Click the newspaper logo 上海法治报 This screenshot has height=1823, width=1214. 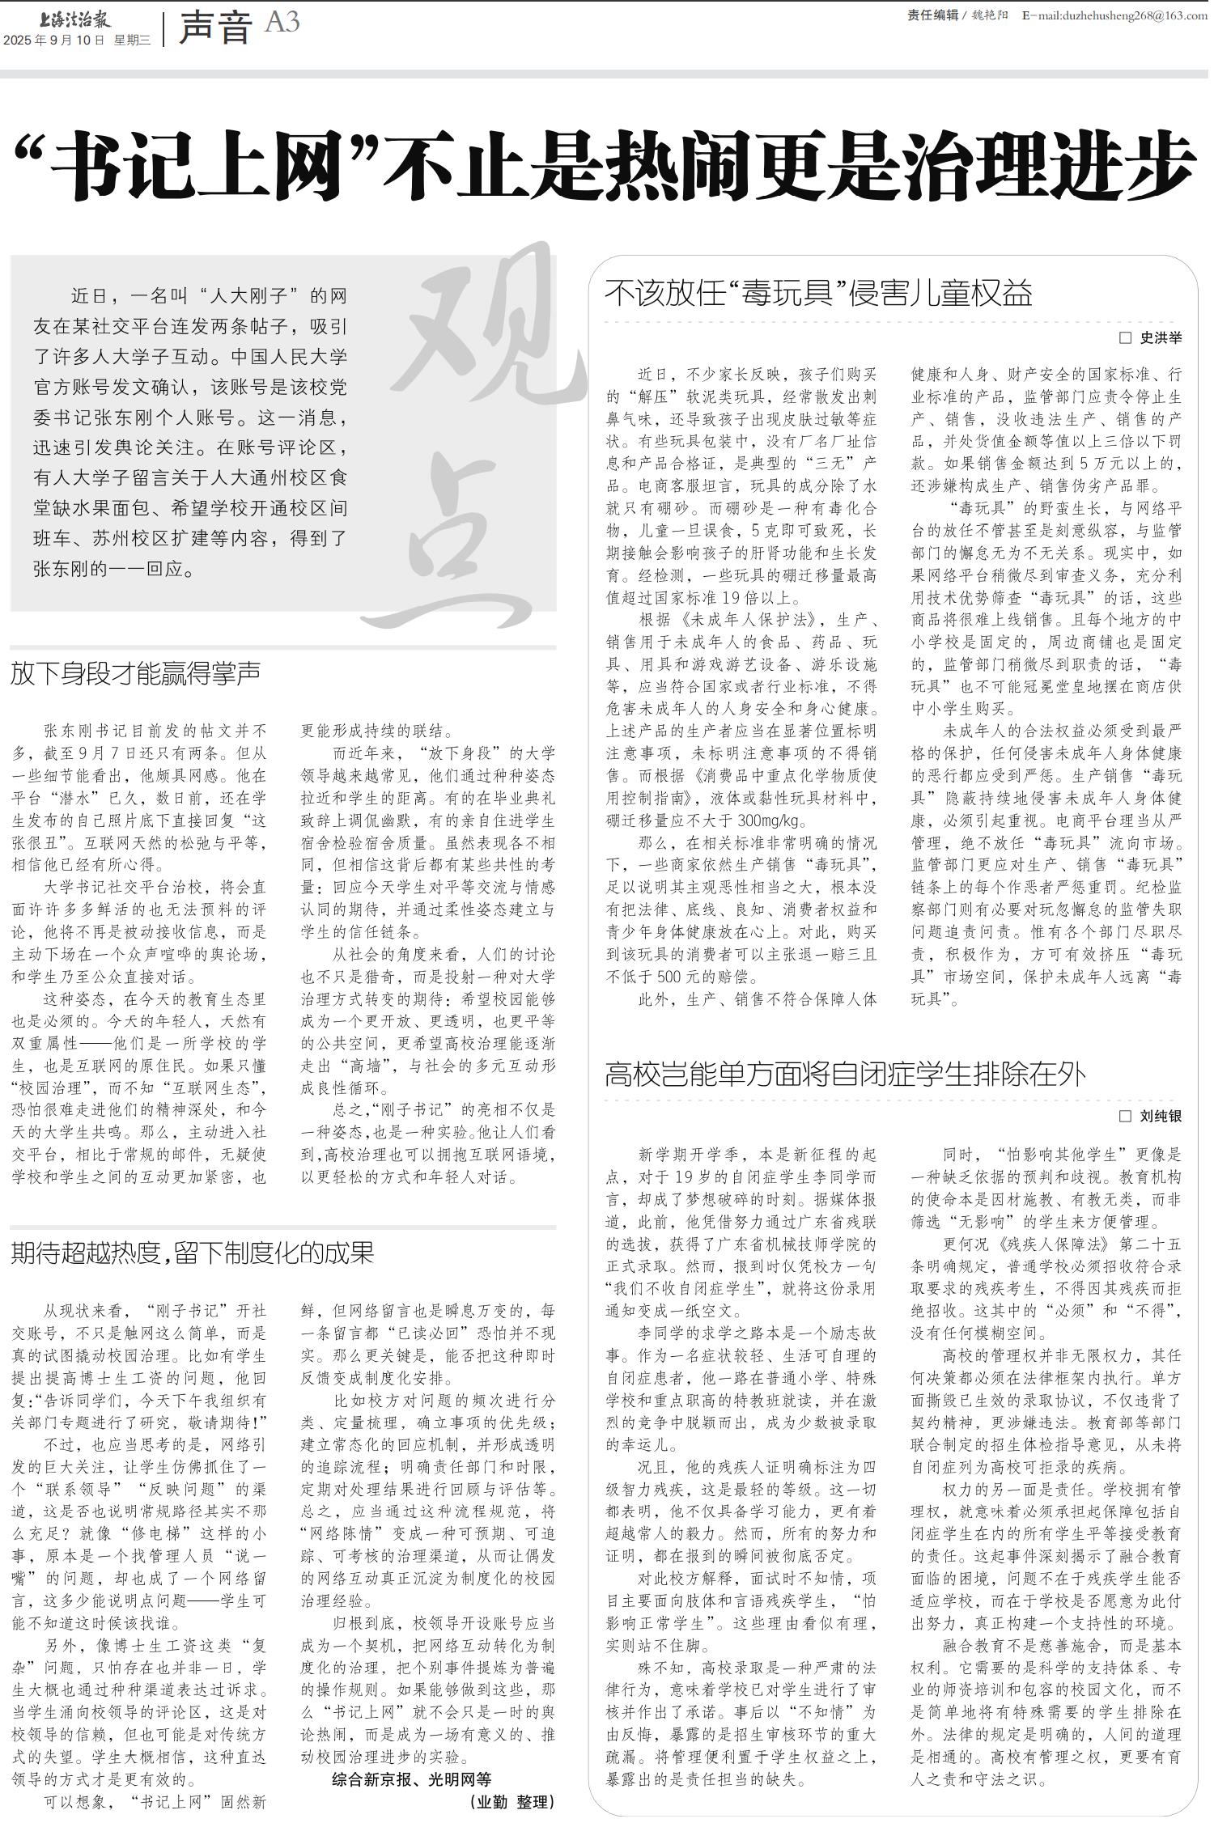(74, 19)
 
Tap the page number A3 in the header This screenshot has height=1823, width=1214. (282, 23)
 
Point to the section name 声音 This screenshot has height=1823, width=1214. (215, 28)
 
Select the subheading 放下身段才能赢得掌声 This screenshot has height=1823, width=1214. (135, 673)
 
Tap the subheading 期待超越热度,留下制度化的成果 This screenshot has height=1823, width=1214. (193, 1253)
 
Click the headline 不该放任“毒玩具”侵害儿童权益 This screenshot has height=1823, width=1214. (818, 293)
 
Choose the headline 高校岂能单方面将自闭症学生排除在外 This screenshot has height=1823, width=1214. (845, 1075)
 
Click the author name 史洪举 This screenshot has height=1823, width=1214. (1161, 337)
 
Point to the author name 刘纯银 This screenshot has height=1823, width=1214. (1161, 1117)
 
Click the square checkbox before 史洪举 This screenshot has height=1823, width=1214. (1125, 337)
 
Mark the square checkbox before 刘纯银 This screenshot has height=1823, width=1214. (1125, 1116)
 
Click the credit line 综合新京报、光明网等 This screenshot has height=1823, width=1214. (412, 1778)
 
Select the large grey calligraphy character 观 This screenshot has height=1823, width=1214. (494, 340)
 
